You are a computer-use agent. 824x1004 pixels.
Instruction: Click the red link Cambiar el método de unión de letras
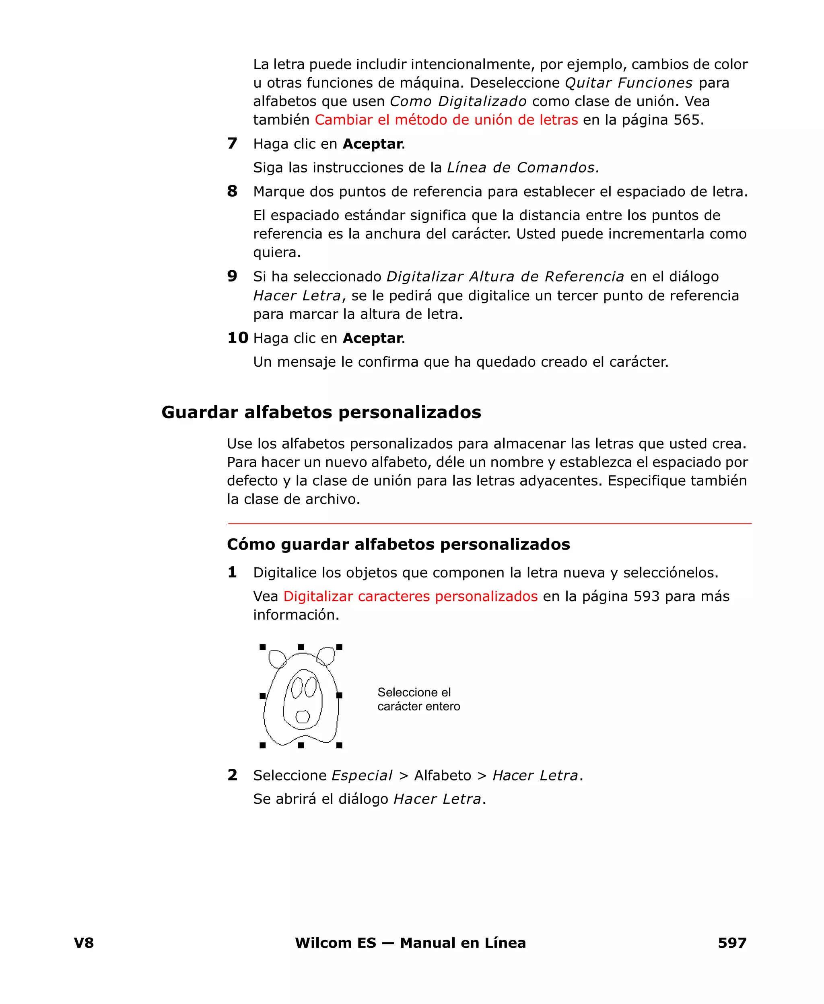[446, 119]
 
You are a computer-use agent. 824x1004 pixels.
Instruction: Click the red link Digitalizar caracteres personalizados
[410, 596]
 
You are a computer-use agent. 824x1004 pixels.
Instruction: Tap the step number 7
[232, 143]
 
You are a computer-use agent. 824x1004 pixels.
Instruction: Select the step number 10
[237, 338]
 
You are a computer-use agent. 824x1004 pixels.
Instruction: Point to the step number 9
[232, 276]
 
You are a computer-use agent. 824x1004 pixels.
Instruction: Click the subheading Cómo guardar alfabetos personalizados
[398, 544]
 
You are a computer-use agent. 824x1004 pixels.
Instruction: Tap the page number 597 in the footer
[731, 942]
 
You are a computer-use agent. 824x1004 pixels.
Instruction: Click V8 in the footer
[84, 942]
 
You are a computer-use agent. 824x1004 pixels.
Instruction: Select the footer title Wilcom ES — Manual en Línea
[410, 942]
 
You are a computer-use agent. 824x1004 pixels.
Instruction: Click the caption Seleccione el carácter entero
[418, 699]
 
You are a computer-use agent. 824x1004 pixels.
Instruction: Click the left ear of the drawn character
[277, 658]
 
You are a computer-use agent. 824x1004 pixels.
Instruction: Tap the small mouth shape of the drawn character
[302, 716]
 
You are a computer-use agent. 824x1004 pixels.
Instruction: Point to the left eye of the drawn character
[297, 688]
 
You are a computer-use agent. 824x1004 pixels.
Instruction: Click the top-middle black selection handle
[301, 647]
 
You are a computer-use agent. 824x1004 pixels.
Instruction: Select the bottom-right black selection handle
[339, 745]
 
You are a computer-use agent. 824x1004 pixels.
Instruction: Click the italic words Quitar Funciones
[628, 82]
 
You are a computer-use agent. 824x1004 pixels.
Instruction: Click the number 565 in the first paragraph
[686, 119]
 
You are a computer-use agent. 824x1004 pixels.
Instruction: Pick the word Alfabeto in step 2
[443, 775]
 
